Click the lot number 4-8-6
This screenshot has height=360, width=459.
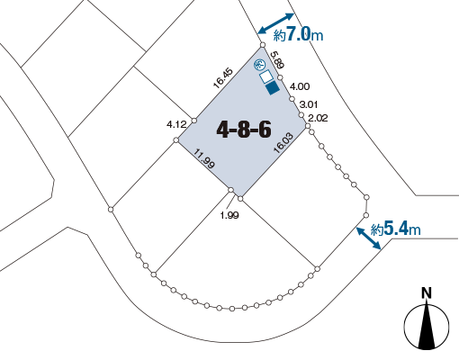[x=244, y=130]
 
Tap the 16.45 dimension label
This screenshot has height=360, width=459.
[x=223, y=78]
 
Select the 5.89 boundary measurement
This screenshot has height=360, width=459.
[x=277, y=59]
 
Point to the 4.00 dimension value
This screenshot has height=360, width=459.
[x=300, y=86]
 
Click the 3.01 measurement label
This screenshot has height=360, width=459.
[x=309, y=104]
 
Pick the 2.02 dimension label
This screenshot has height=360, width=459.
[x=318, y=118]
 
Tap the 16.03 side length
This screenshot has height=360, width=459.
[x=283, y=143]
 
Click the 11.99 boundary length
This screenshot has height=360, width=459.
[x=204, y=158]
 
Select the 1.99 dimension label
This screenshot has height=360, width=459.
[x=229, y=215]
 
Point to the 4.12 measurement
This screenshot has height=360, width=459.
[x=176, y=124]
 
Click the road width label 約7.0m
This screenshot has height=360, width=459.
[x=298, y=34]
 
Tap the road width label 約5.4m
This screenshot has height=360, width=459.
[x=396, y=229]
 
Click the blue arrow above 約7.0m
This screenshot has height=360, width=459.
[x=276, y=23]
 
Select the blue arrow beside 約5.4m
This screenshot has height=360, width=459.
[x=369, y=238]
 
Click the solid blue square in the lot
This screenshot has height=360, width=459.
[x=273, y=87]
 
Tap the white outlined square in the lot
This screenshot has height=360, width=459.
[x=266, y=77]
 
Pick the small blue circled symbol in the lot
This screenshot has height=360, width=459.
[x=258, y=64]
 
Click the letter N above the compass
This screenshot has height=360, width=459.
[x=427, y=293]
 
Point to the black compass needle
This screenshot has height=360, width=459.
[x=427, y=326]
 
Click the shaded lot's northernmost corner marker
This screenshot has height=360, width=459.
[x=263, y=45]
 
